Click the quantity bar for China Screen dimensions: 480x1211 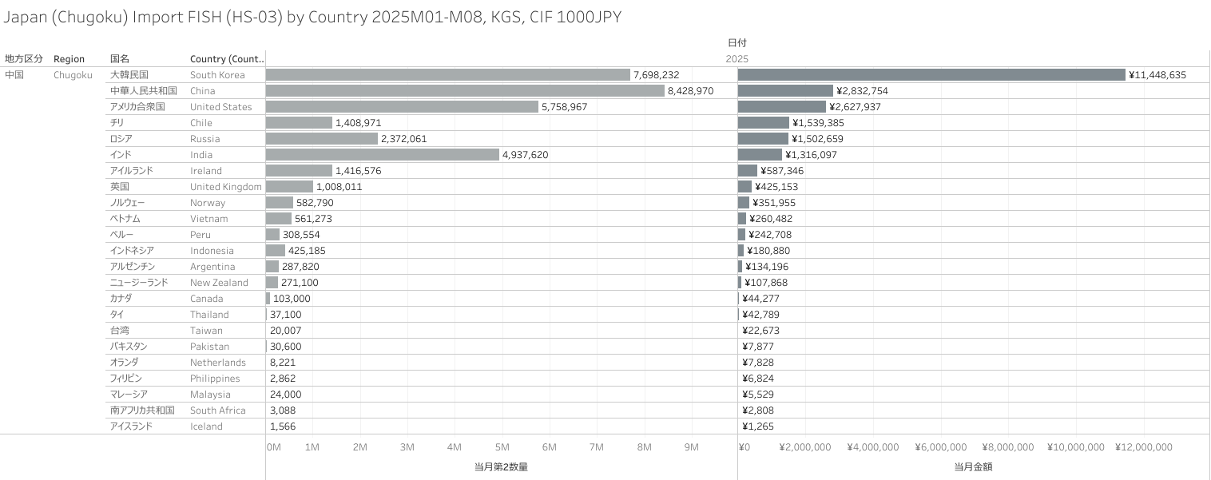[465, 91]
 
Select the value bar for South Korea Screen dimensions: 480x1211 [931, 75]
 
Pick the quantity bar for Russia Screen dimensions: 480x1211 [321, 139]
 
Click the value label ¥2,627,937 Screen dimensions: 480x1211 [855, 107]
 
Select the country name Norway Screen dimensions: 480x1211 [208, 203]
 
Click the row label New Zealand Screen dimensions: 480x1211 [219, 283]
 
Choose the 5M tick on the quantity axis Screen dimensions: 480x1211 [502, 447]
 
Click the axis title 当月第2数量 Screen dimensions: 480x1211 [501, 466]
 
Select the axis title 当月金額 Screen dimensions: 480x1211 [973, 466]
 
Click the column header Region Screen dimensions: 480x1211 [69, 59]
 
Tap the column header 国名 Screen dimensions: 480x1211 [119, 59]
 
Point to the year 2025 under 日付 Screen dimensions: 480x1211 [737, 59]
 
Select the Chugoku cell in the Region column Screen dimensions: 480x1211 [73, 75]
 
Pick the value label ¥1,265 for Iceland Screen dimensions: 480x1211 [758, 426]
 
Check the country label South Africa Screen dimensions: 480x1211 [217, 411]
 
